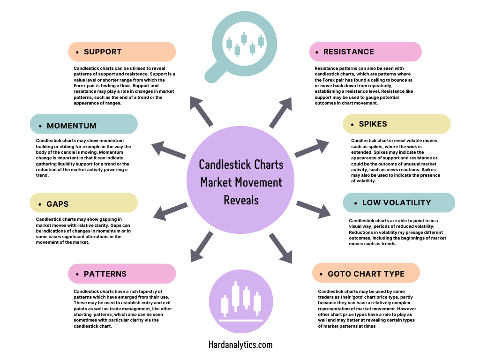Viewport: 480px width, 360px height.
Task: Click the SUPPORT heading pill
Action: coord(122,52)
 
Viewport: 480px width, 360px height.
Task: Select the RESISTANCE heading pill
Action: coord(365,52)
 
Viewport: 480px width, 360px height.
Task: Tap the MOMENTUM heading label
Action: coord(84,126)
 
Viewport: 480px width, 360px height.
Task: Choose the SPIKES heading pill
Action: coord(397,124)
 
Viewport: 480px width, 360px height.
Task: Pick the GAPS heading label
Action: coord(84,204)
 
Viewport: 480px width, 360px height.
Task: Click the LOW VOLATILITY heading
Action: coord(399,202)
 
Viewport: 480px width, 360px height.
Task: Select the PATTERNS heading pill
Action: coord(122,274)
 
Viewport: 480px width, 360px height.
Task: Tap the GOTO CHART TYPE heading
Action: coord(366,274)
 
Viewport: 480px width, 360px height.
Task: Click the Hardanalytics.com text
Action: coord(240,345)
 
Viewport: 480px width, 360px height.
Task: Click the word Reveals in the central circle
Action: coord(241,200)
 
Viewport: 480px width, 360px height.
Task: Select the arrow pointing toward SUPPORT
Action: coord(201,111)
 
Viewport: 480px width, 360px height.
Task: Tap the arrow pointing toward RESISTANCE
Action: coord(281,112)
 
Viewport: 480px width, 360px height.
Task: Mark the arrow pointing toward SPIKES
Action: coord(312,148)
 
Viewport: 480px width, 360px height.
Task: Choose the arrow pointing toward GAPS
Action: coord(169,211)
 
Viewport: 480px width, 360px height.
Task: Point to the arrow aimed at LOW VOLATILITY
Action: coord(313,209)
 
